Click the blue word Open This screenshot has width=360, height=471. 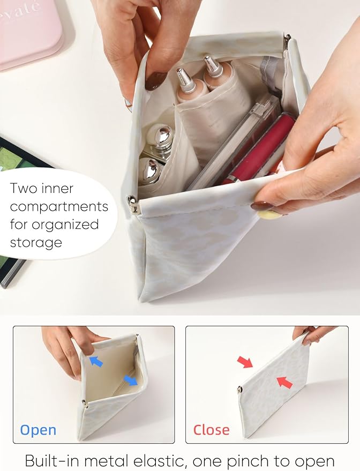coord(38,431)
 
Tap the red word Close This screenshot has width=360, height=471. coord(212,430)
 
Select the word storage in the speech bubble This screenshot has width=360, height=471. coord(36,242)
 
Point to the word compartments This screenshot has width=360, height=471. coord(59,207)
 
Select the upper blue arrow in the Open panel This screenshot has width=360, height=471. coord(96,361)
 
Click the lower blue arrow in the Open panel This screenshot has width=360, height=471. coord(131,380)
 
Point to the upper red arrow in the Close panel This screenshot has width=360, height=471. coord(245,362)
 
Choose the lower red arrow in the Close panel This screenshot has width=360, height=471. coord(284,383)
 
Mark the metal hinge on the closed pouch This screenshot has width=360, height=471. coord(240,390)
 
